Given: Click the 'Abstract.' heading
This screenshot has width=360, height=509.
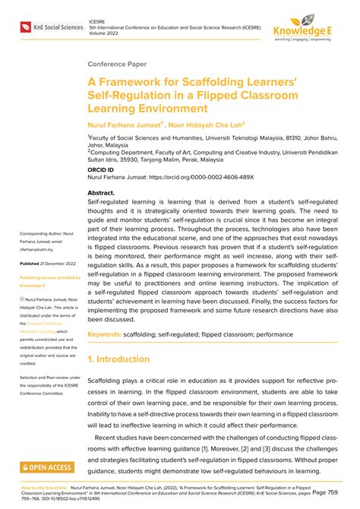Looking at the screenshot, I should tap(106, 194).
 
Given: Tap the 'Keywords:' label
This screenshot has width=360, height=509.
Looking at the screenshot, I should tap(109, 355).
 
